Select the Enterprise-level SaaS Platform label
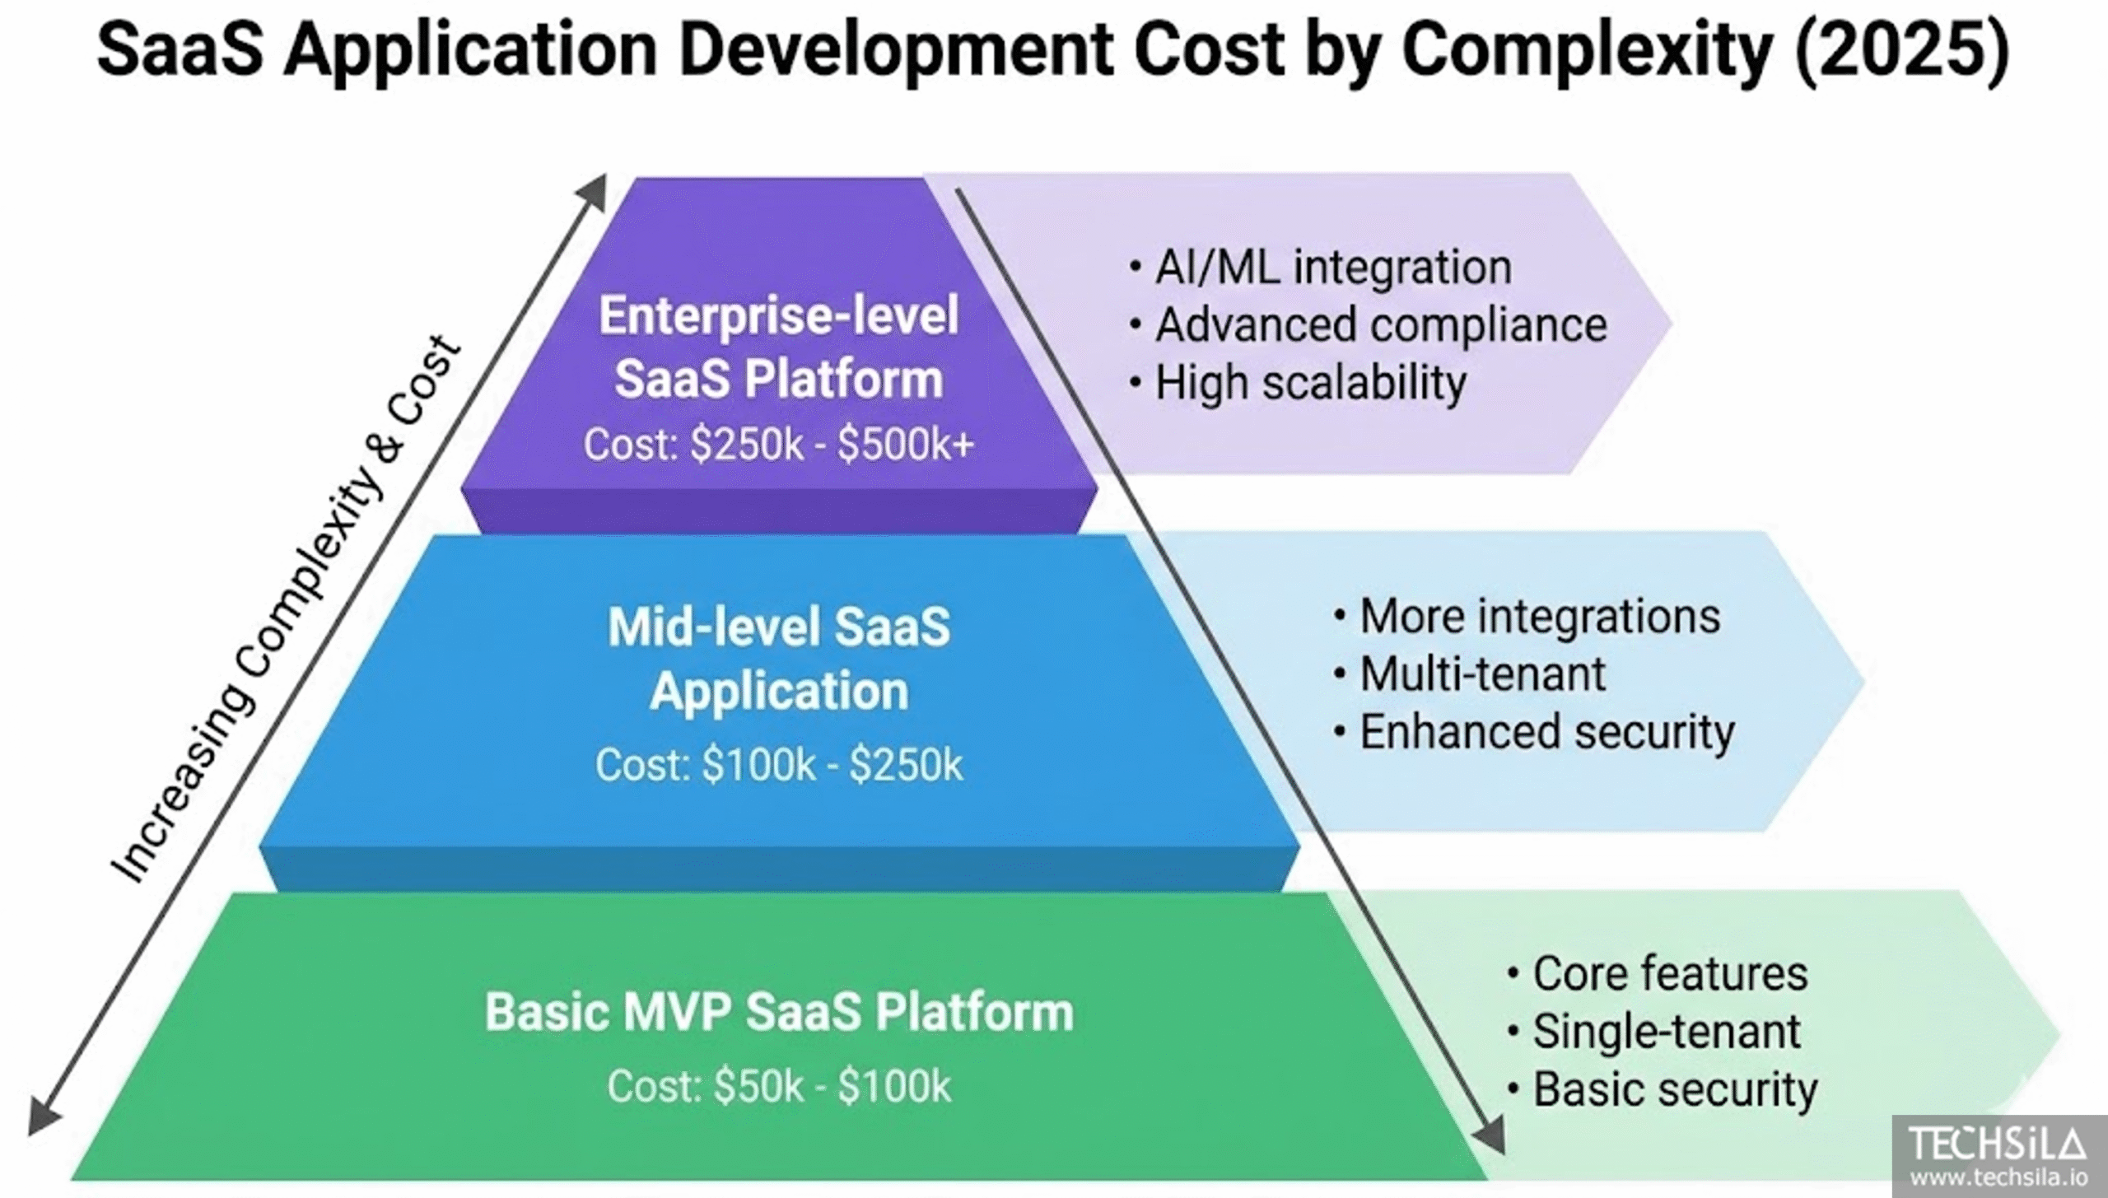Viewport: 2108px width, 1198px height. (x=779, y=347)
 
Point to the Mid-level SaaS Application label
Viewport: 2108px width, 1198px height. (x=779, y=659)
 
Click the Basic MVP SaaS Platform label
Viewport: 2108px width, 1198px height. (x=779, y=1012)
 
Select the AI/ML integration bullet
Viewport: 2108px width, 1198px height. (x=1322, y=268)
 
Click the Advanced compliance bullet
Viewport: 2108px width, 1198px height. (x=1369, y=325)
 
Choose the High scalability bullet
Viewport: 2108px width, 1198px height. (x=1299, y=384)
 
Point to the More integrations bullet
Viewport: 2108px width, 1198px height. (x=1527, y=617)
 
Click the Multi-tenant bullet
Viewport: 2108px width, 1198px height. (x=1470, y=674)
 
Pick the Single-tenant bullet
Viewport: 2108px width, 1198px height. (x=1654, y=1032)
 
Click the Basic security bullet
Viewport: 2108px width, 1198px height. (x=1663, y=1089)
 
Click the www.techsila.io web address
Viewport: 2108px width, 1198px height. (x=1998, y=1178)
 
